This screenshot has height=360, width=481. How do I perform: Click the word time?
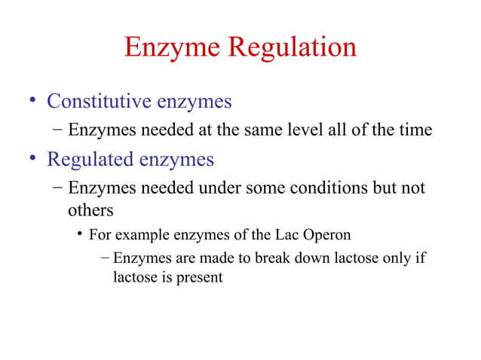[x=415, y=130]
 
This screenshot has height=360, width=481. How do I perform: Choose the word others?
[x=90, y=210]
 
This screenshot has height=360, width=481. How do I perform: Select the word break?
[x=271, y=258]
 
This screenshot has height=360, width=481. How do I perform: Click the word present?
[x=200, y=277]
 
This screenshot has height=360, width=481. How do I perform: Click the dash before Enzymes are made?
[x=105, y=258]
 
